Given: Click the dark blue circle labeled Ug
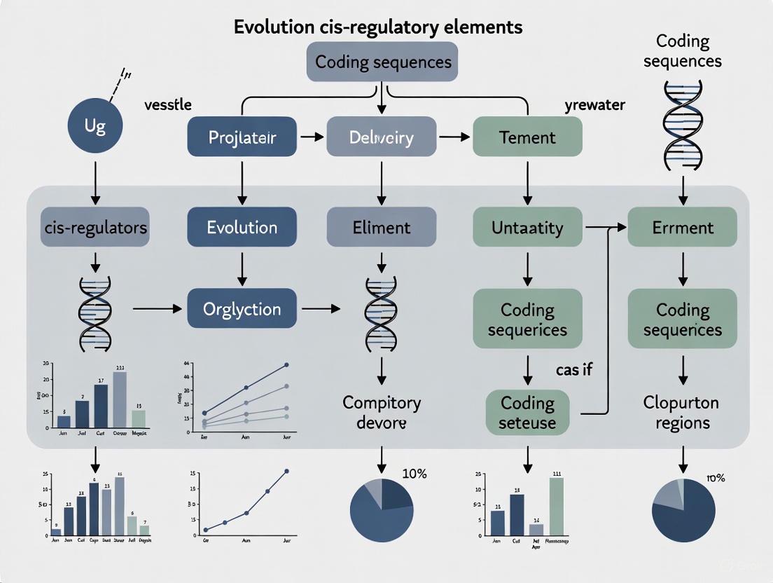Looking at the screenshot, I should [x=95, y=127].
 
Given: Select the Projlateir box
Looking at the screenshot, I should [x=242, y=137].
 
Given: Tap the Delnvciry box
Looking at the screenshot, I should [x=382, y=137].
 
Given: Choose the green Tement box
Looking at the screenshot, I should [x=527, y=137].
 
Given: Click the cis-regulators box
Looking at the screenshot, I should [x=95, y=228].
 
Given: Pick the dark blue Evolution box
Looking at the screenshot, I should [x=242, y=228].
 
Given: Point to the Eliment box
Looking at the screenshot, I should [x=382, y=228].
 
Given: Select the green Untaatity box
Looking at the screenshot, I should [x=527, y=228].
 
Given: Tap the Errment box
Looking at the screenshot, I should [x=682, y=228].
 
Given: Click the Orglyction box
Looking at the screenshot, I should [x=242, y=309].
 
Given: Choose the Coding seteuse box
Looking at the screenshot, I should [x=527, y=413].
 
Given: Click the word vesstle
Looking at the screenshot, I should [x=167, y=105].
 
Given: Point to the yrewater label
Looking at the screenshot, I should [x=594, y=105].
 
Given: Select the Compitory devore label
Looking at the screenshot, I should [x=382, y=413].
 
